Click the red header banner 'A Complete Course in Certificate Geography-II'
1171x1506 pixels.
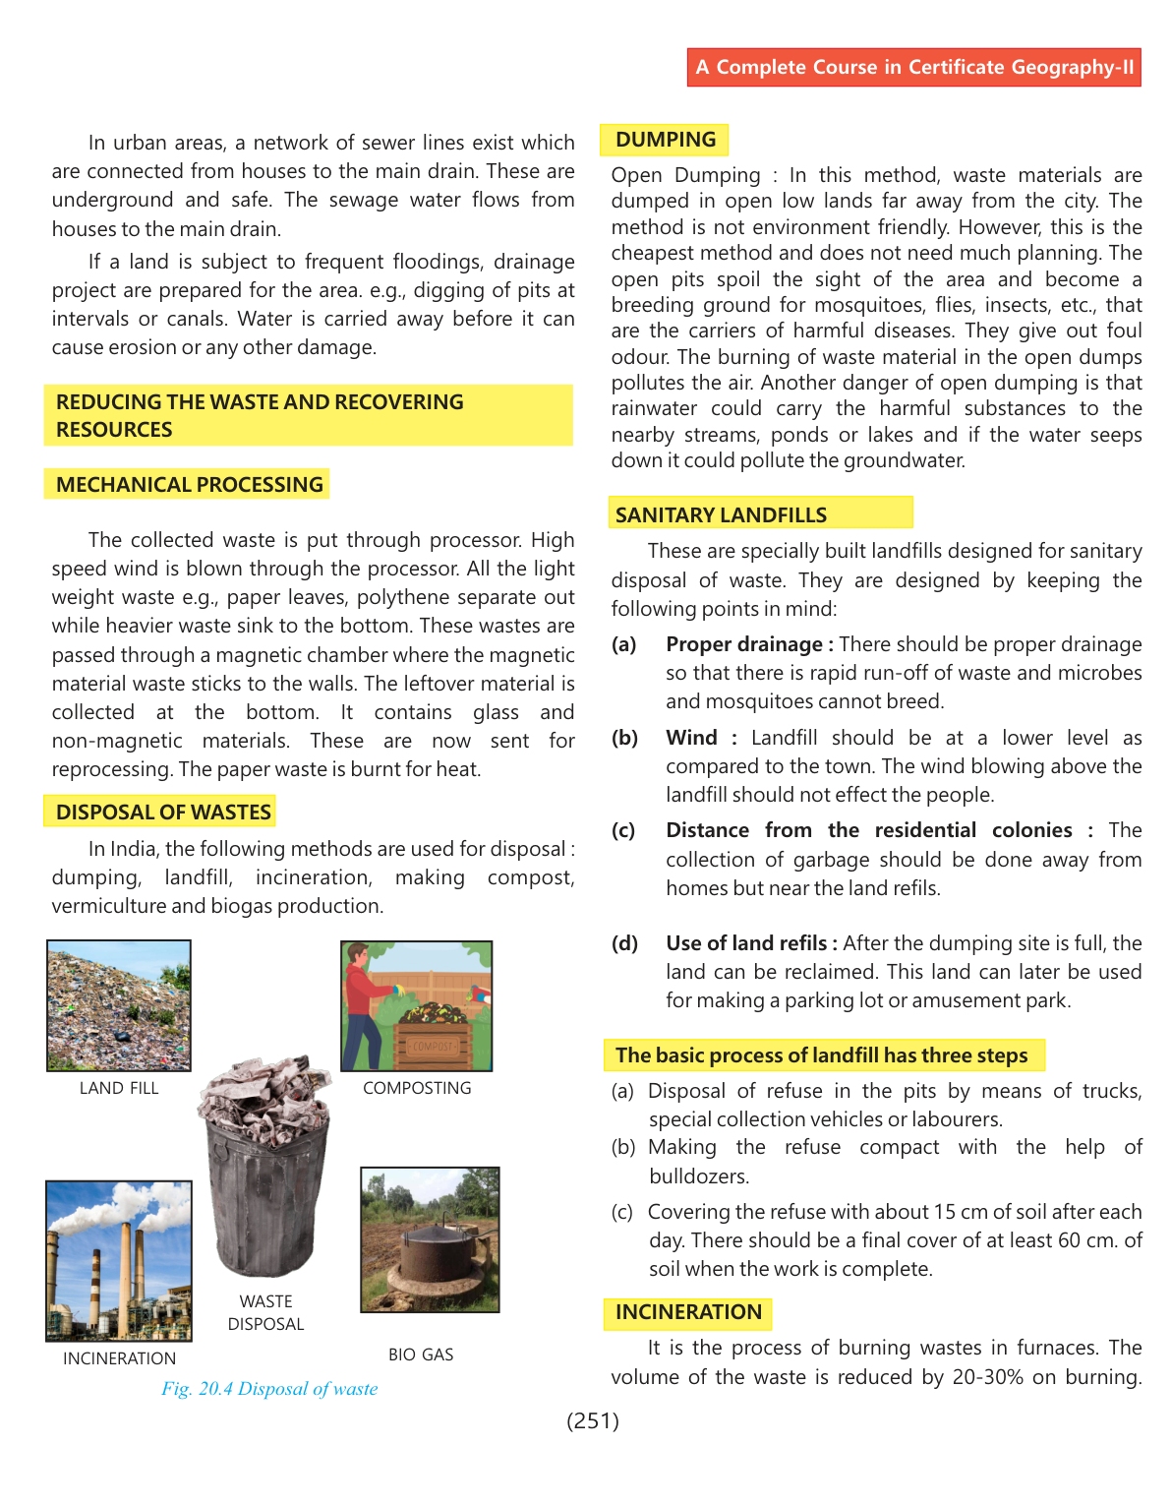[913, 67]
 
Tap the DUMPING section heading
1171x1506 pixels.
[665, 140]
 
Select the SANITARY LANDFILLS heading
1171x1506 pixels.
[721, 514]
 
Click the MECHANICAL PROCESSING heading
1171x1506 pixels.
[189, 484]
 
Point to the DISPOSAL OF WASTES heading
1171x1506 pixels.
[163, 812]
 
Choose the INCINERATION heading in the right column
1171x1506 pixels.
[688, 1312]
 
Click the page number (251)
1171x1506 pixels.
[593, 1420]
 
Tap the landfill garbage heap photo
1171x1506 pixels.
[119, 1005]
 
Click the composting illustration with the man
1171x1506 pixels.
[416, 1005]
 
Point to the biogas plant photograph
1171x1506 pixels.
[430, 1239]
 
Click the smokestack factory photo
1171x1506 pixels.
[119, 1261]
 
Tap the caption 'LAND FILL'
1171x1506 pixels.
[119, 1088]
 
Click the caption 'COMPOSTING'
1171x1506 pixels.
[417, 1088]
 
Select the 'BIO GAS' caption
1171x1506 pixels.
[421, 1355]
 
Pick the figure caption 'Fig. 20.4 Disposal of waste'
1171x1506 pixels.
[269, 1389]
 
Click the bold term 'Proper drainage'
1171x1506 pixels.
[744, 644]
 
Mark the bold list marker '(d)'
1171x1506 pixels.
[624, 943]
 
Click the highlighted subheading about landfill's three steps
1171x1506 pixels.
[821, 1055]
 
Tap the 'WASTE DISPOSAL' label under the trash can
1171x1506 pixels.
[265, 1312]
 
